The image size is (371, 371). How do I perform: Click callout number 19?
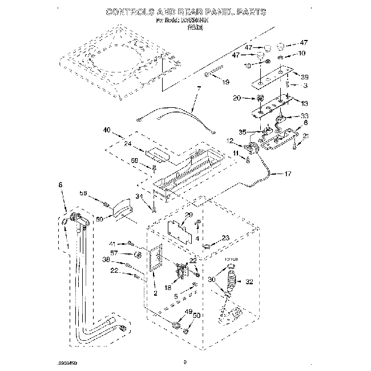point(225,82)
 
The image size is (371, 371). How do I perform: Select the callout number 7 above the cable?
point(199,88)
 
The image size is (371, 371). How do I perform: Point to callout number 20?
point(253,98)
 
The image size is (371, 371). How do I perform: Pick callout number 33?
point(304,115)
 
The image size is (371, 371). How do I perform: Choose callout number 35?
point(242,132)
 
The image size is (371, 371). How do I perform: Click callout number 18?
point(167,289)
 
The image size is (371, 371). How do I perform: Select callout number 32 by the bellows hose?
point(248,281)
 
